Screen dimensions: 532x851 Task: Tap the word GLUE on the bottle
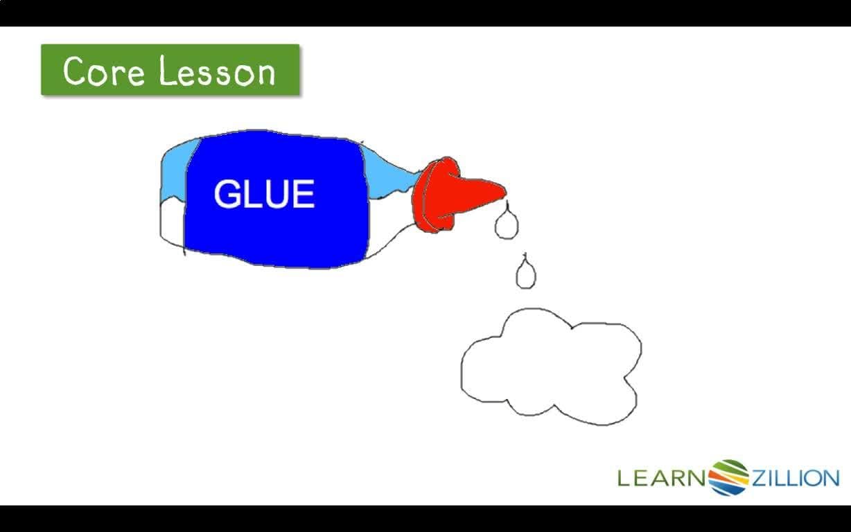tap(264, 194)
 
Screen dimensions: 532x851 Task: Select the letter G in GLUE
tap(226, 194)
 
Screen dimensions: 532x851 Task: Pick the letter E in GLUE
tap(304, 194)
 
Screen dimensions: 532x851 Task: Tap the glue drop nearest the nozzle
tap(506, 225)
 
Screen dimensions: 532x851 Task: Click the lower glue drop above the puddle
tap(526, 275)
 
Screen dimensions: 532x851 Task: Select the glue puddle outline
tap(551, 367)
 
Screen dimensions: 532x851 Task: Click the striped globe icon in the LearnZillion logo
tap(728, 477)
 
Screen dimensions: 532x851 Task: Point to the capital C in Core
tap(76, 71)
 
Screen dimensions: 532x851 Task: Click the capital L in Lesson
tap(166, 71)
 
